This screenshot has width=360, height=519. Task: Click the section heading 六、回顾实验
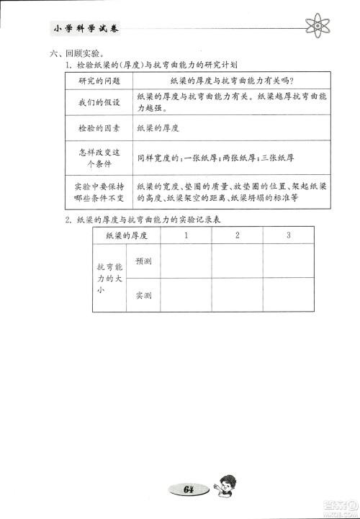[x=74, y=54]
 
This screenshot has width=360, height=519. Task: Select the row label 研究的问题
[x=97, y=81]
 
